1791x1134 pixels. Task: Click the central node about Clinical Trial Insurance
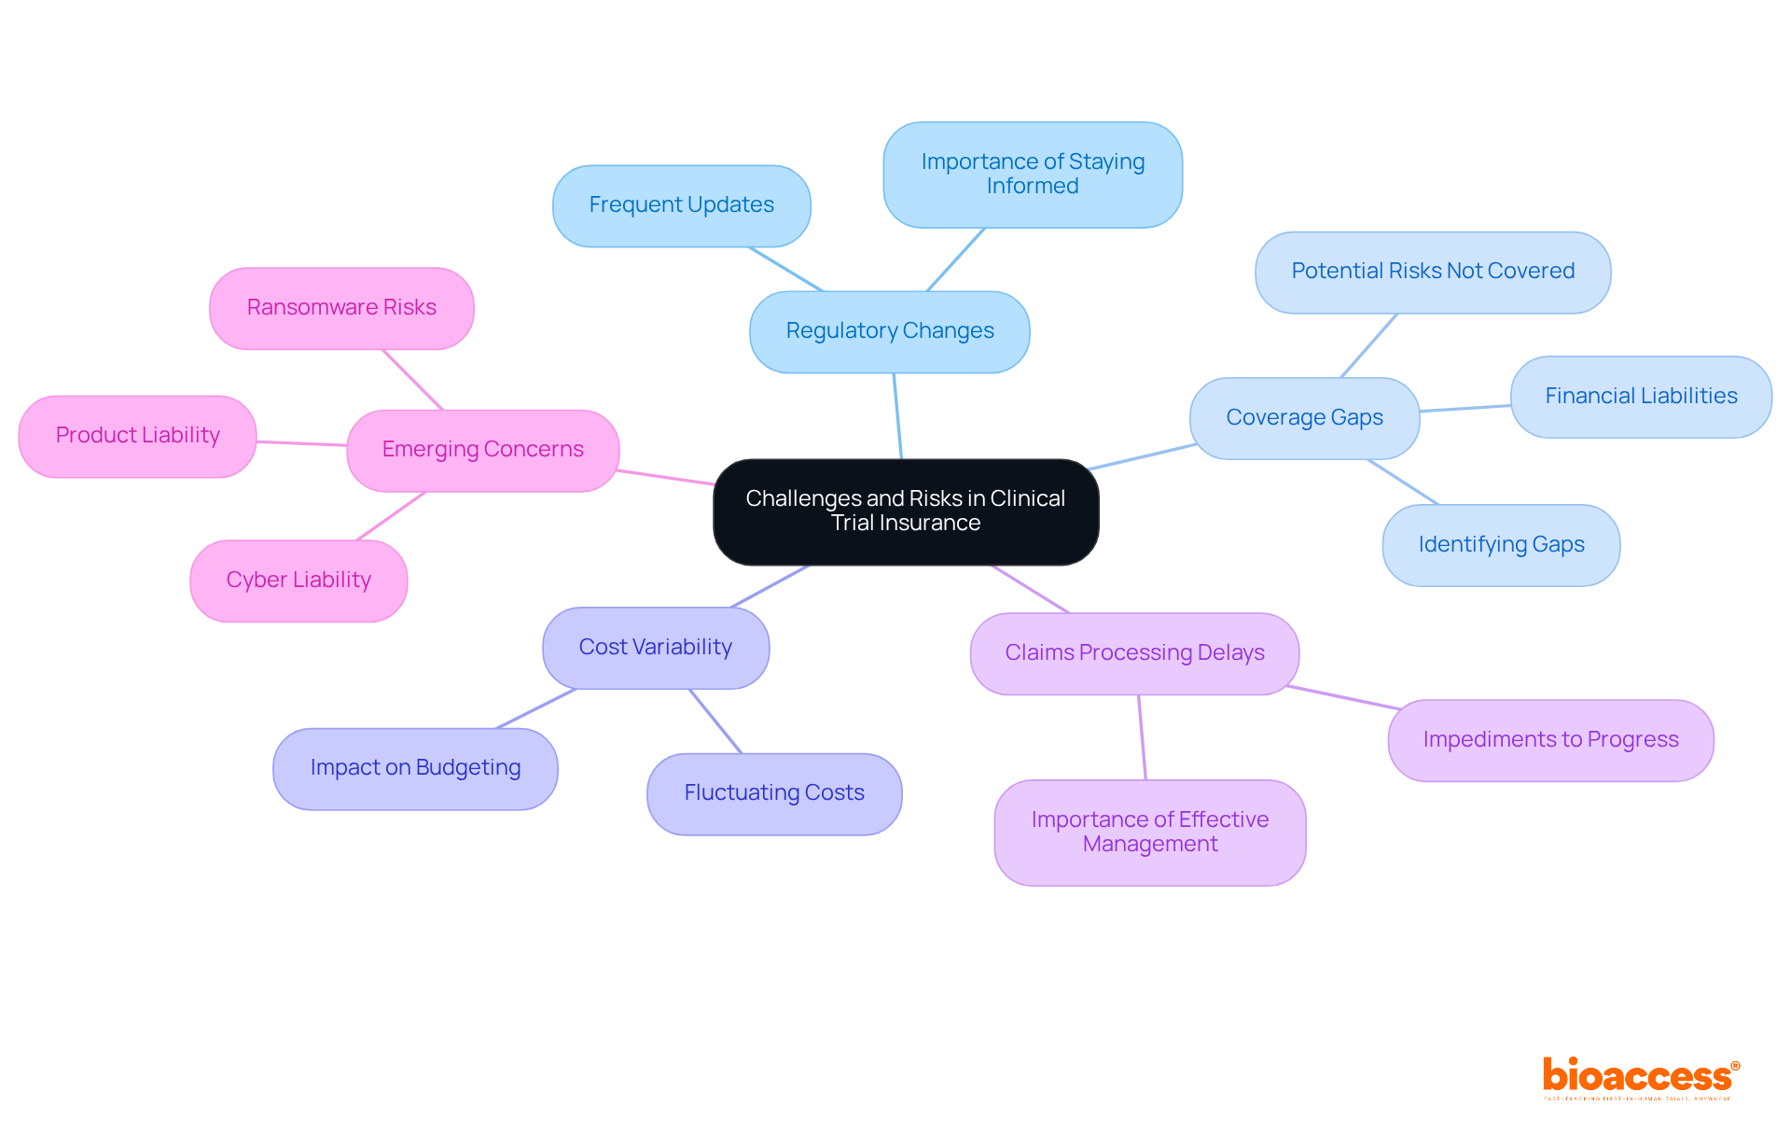(x=905, y=511)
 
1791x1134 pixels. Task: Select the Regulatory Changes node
(x=889, y=331)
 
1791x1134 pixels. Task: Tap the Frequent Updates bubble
(x=681, y=205)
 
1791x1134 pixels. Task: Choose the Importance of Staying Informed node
(x=1032, y=175)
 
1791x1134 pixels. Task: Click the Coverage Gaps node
(x=1304, y=417)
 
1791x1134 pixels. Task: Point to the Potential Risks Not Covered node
(x=1432, y=272)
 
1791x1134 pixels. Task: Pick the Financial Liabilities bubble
(x=1640, y=397)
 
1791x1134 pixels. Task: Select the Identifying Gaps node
(x=1500, y=545)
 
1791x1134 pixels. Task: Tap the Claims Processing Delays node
(x=1133, y=653)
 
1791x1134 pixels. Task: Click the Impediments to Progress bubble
(x=1549, y=740)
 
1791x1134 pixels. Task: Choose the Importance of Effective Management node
(x=1149, y=832)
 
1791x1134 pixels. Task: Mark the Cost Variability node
(x=655, y=648)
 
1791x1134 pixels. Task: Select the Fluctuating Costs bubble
(x=773, y=793)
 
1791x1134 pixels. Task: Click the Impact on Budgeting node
(x=415, y=768)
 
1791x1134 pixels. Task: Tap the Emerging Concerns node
(x=482, y=450)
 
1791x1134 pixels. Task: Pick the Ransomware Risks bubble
(x=341, y=308)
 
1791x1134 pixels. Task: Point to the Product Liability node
(x=137, y=436)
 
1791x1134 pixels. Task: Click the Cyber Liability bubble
(x=298, y=581)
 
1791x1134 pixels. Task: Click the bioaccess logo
(x=1639, y=1077)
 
